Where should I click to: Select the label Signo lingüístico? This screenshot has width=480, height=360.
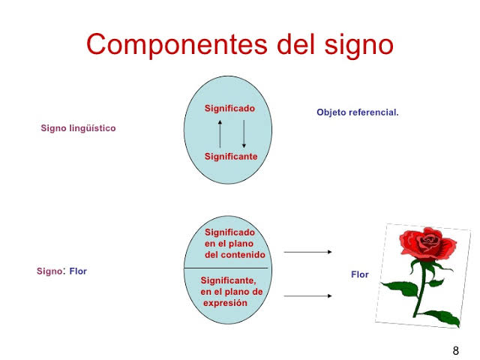[x=78, y=128]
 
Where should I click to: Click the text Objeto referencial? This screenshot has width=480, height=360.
[x=358, y=112]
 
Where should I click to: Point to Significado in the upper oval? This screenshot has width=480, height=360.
[x=229, y=109]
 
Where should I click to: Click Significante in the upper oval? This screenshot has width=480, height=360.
[x=231, y=157]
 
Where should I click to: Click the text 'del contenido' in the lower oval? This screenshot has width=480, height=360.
[x=235, y=254]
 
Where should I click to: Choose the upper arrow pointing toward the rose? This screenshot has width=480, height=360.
[x=307, y=253]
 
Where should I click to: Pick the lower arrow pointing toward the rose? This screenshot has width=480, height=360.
[x=307, y=296]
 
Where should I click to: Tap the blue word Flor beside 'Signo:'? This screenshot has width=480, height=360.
[x=78, y=271]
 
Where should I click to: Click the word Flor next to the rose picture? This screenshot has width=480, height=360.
[x=360, y=274]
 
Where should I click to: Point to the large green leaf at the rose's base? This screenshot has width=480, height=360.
[x=446, y=316]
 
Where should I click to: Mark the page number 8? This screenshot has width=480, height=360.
[x=456, y=350]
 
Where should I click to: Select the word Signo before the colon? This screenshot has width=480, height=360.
[x=49, y=271]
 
